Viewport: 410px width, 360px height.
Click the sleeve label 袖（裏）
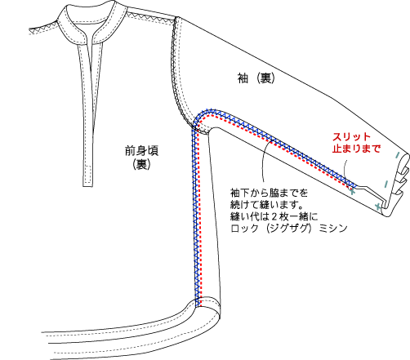(256, 78)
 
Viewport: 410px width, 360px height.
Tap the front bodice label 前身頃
(141, 150)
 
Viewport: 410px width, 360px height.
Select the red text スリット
(351, 137)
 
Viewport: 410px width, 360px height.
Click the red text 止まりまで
(356, 149)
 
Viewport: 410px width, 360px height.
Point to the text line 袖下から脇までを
(270, 193)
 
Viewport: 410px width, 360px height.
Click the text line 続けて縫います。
(267, 205)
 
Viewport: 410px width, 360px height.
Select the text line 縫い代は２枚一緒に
(274, 216)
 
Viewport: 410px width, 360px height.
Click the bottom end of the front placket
(87, 186)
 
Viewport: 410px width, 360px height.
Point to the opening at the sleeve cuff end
(399, 185)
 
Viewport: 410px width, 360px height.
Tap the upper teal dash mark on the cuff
(398, 155)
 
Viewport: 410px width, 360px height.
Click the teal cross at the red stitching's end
(352, 191)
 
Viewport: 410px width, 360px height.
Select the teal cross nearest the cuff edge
(378, 207)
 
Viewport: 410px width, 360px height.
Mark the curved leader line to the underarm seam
(263, 161)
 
